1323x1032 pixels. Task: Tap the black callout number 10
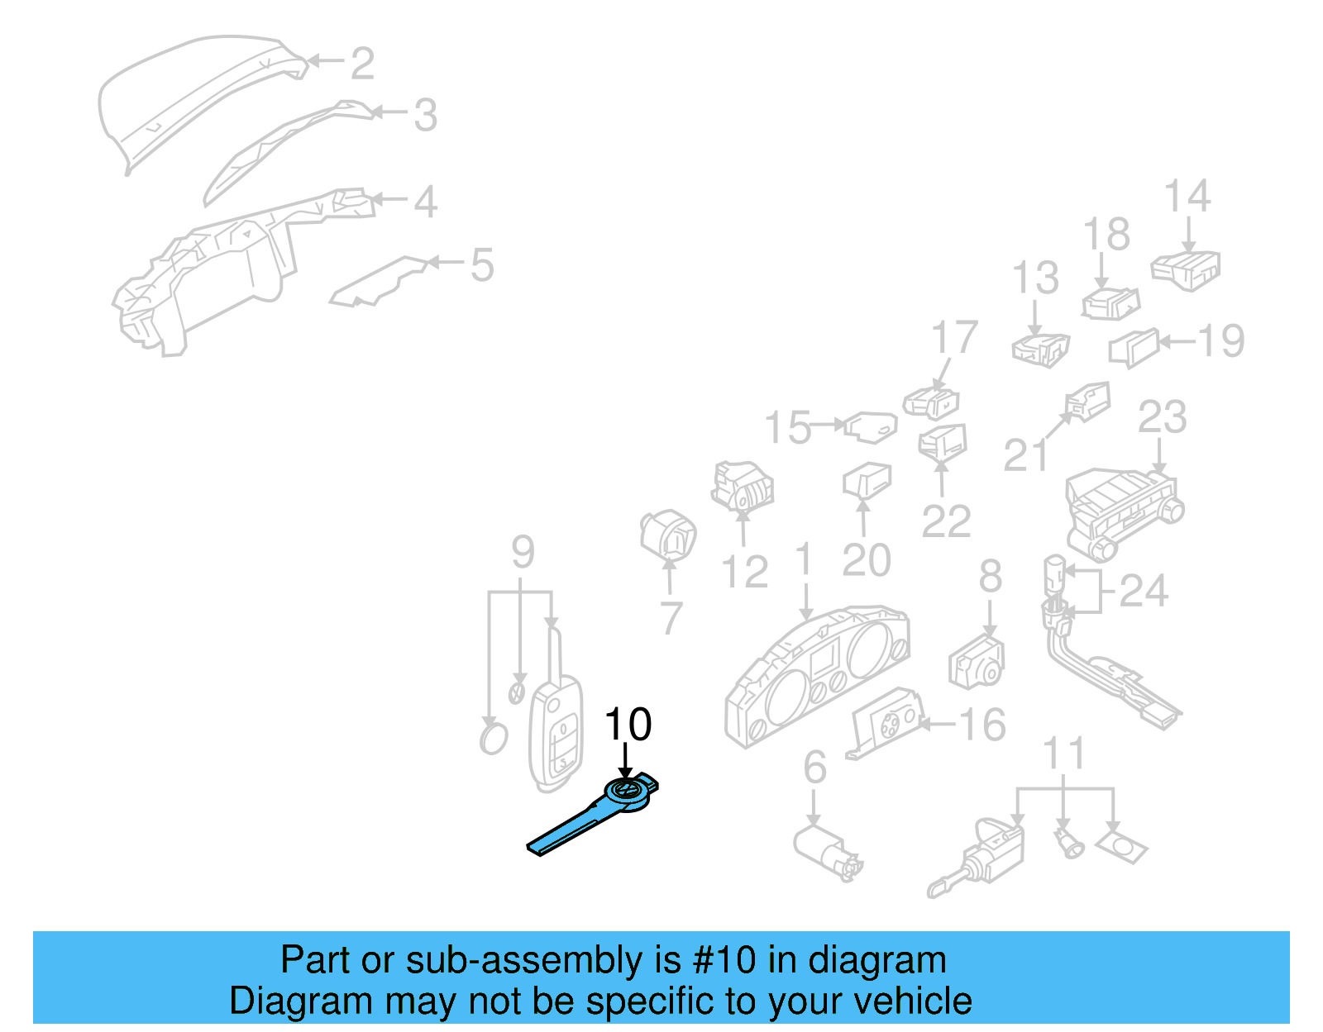tap(628, 725)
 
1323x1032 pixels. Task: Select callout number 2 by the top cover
tap(362, 64)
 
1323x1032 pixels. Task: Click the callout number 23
tap(1162, 418)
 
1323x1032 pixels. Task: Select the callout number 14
tap(1187, 197)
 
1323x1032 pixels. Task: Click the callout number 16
tap(982, 725)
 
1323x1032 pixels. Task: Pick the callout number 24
tap(1144, 591)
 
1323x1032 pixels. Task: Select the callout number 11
tap(1063, 754)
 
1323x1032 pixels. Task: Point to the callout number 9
tap(523, 552)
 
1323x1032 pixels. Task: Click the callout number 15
tap(787, 428)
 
